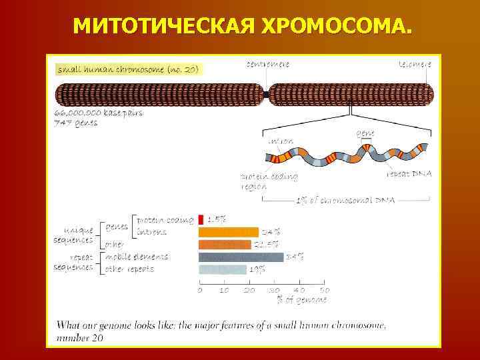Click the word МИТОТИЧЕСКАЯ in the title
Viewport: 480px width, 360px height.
163,26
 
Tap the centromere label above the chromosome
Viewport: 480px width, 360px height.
267,64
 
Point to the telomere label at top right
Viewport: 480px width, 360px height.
414,64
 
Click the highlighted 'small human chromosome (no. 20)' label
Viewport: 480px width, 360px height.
127,69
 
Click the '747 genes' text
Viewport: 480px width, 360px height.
76,122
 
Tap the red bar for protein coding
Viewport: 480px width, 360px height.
201,219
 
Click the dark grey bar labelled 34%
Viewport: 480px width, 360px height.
241,257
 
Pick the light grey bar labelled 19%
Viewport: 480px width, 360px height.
222,269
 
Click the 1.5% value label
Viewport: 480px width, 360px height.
217,219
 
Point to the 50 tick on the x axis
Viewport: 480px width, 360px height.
324,290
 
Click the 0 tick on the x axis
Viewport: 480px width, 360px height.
200,290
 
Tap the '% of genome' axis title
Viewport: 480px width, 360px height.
302,300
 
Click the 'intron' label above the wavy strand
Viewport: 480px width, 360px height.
280,141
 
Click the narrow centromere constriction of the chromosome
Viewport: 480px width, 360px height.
267,95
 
